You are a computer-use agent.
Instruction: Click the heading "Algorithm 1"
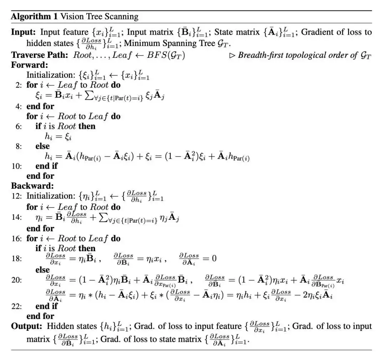(x=34, y=16)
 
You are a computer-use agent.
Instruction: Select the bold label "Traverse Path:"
(x=40, y=55)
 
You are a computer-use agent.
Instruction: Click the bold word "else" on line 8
(x=42, y=146)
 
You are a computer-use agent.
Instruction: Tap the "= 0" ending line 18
(x=209, y=258)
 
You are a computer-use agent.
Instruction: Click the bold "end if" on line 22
(x=46, y=306)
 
